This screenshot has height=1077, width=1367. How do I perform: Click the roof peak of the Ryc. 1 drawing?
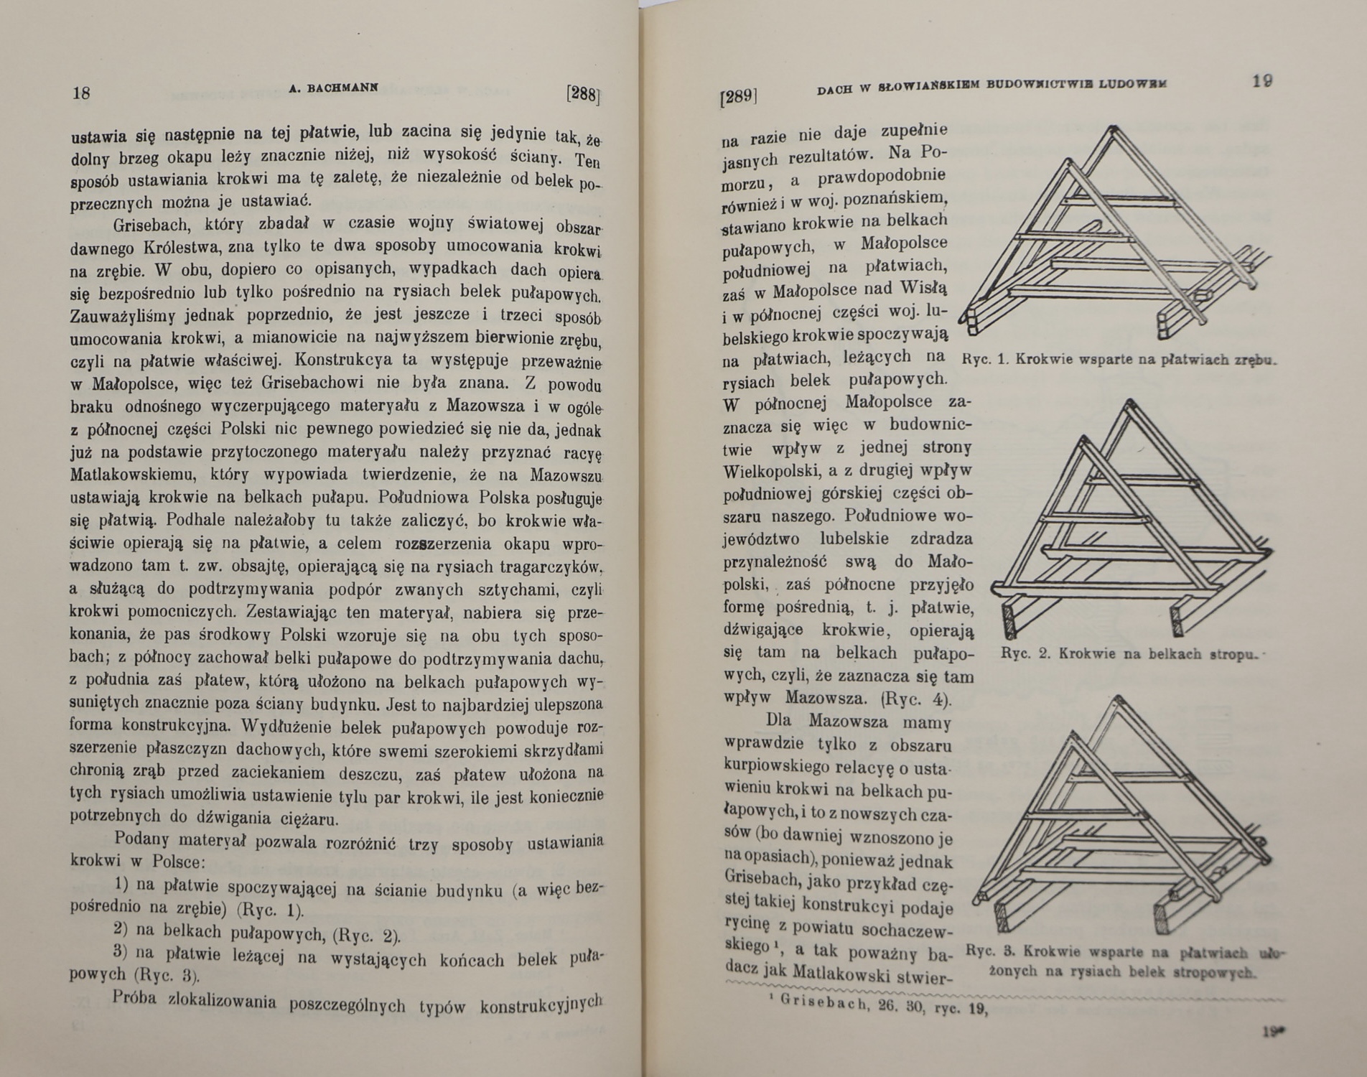pyautogui.click(x=1112, y=129)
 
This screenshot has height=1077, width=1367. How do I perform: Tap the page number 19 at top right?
pyautogui.click(x=1262, y=81)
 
